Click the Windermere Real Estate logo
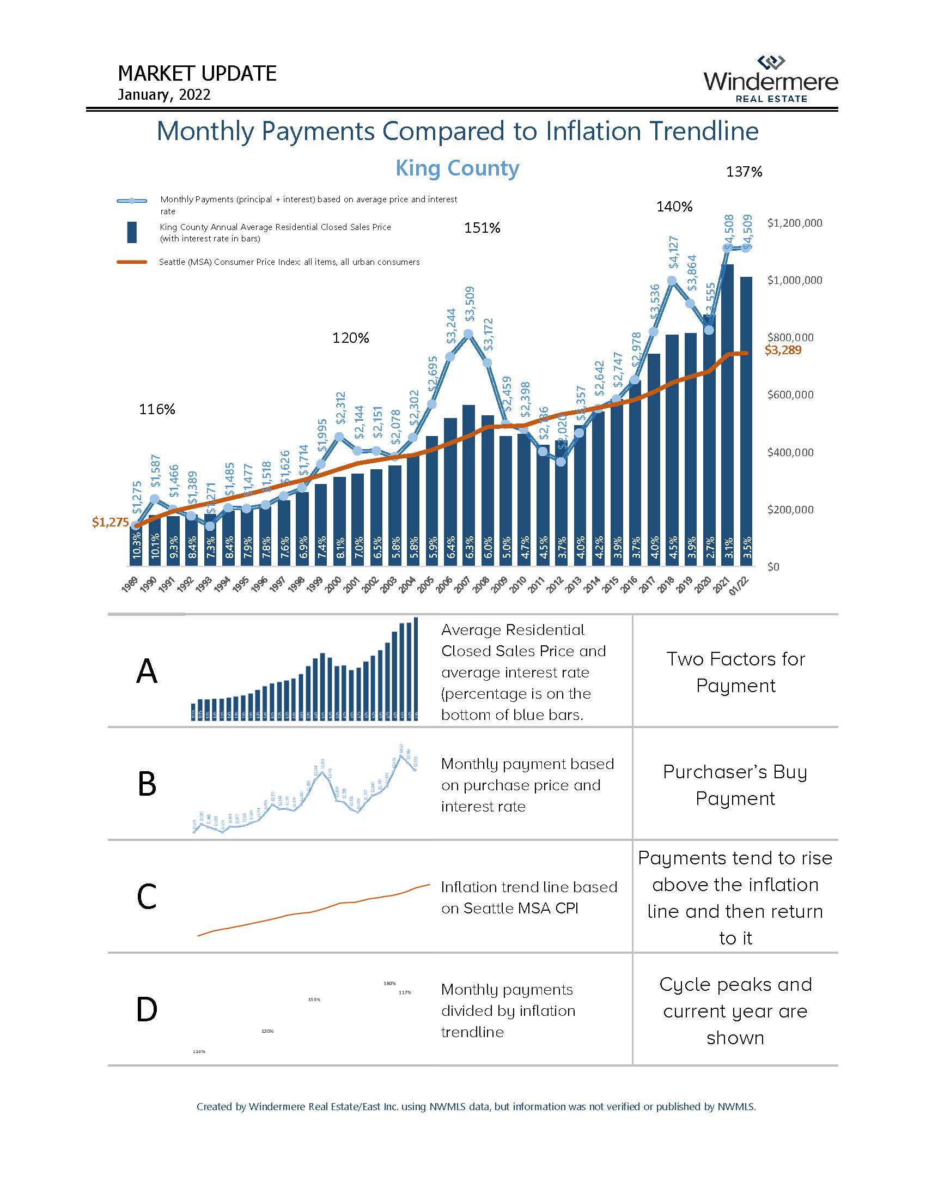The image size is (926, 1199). click(770, 80)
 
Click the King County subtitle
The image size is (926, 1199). click(457, 168)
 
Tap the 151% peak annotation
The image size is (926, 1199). click(482, 228)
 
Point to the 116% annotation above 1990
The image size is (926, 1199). click(157, 409)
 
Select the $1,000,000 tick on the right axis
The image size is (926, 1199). click(794, 281)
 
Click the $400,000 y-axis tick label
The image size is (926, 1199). click(790, 452)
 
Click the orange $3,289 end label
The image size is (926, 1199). click(783, 350)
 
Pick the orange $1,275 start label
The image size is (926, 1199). click(110, 522)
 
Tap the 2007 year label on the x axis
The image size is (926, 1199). click(461, 585)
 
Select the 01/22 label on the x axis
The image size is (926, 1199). click(739, 585)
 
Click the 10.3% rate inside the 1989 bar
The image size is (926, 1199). click(137, 549)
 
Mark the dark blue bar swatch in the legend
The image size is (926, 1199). click(132, 232)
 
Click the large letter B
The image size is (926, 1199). click(147, 784)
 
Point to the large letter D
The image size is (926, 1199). click(147, 1009)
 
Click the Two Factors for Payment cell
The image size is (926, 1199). click(735, 672)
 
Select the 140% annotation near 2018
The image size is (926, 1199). click(674, 207)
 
